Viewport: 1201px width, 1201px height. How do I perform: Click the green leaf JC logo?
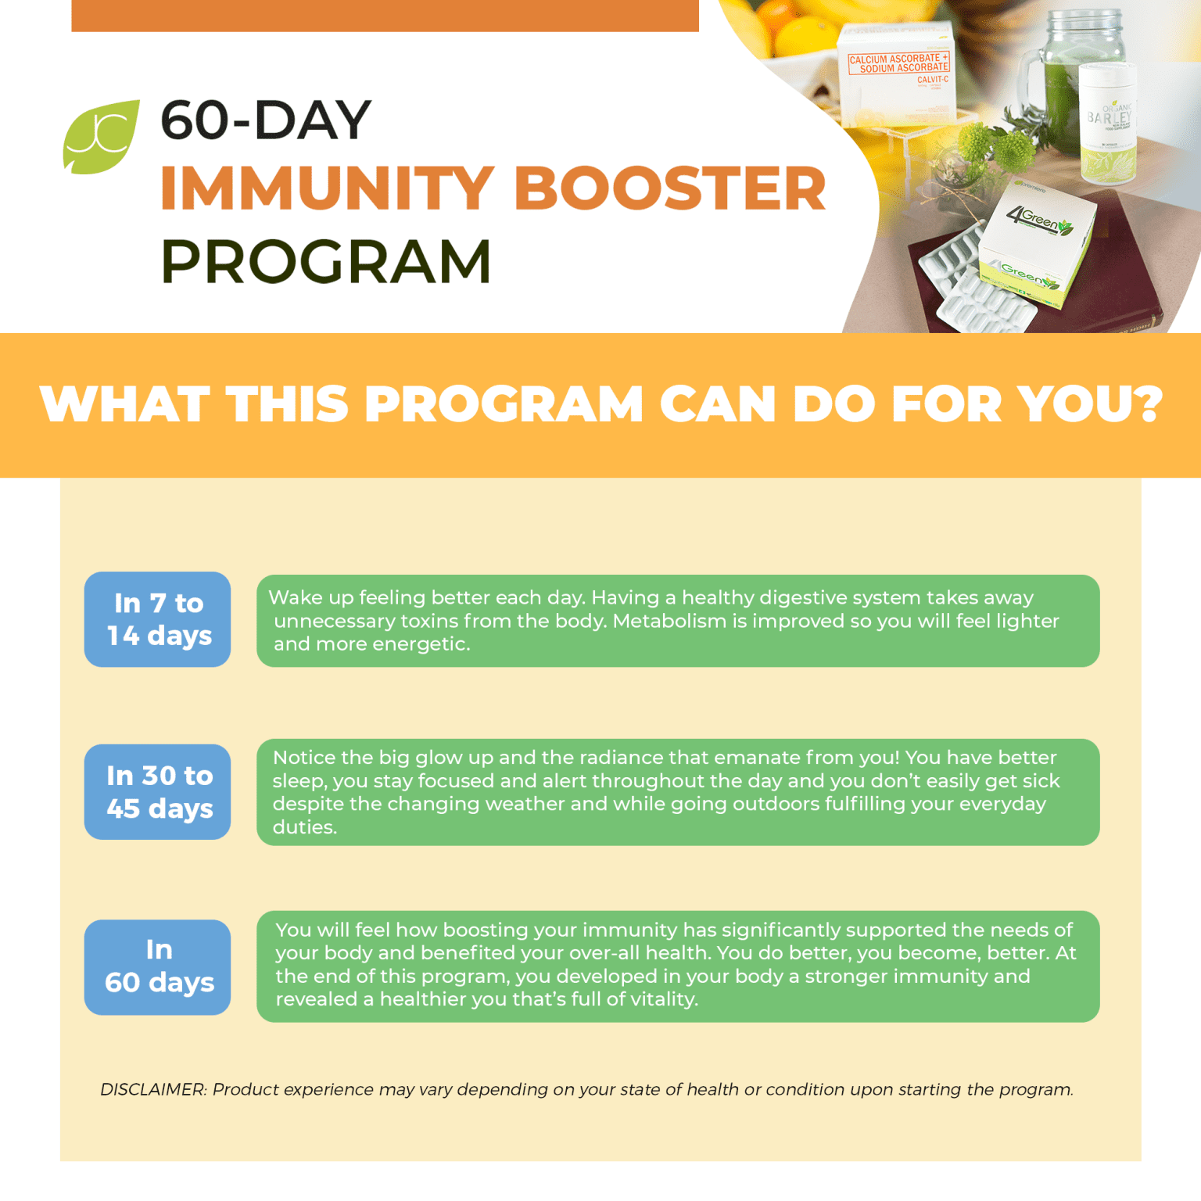point(101,137)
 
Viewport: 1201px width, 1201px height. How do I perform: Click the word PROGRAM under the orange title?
point(325,261)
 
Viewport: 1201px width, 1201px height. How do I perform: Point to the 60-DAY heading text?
point(265,120)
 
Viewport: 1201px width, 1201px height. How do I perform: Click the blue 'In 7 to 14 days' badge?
point(158,619)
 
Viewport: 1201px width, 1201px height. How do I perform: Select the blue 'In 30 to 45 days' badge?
point(158,791)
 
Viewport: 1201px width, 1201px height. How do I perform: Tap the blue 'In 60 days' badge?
point(158,966)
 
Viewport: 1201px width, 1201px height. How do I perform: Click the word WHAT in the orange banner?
point(124,404)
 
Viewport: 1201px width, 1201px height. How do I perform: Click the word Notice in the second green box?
point(303,758)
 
